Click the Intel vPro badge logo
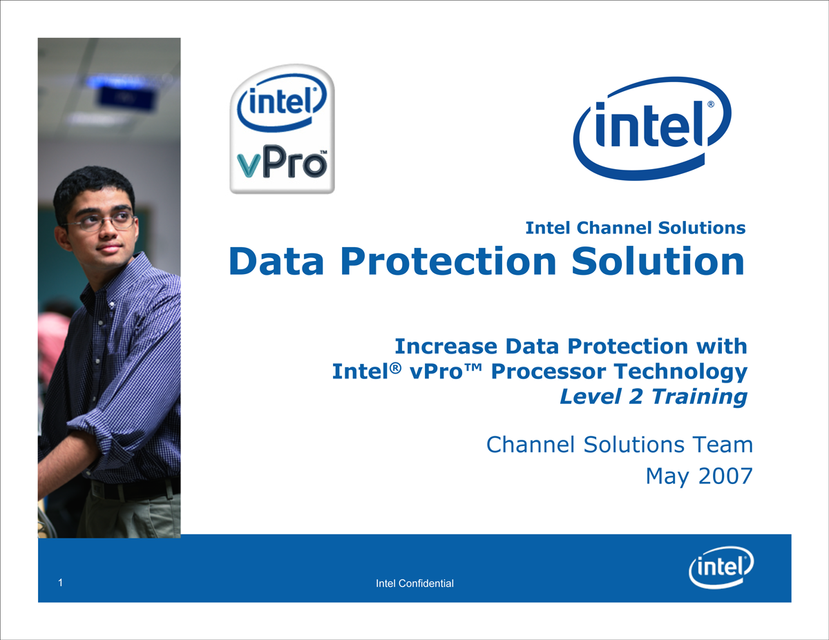point(282,129)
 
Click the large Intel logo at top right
point(652,128)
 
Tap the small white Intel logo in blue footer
point(721,568)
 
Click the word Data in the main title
point(276,261)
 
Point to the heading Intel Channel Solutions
point(635,228)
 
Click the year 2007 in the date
point(725,476)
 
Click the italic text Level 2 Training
point(653,396)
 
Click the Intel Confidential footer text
point(414,583)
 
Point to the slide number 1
point(60,583)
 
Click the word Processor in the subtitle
point(549,371)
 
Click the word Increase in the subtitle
point(446,346)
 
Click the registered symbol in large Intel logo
point(711,104)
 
